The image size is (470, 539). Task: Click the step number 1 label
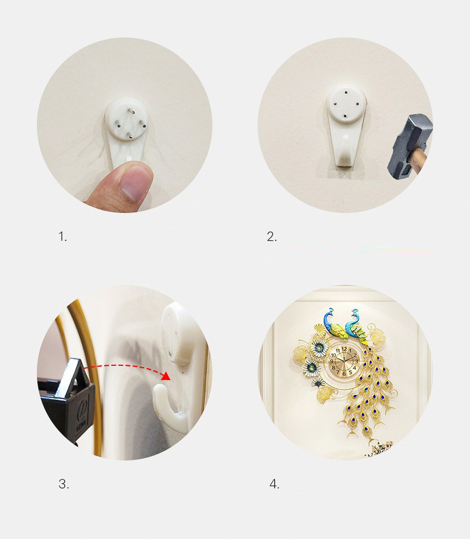[x=62, y=237]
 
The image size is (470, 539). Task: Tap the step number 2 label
[x=272, y=237]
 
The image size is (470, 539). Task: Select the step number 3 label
[x=64, y=484]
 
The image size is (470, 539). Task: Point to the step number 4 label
[x=274, y=484]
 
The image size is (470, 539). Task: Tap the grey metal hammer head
[x=409, y=147]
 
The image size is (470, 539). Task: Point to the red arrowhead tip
[x=170, y=379]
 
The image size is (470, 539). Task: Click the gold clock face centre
[x=344, y=361]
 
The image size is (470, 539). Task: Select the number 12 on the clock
[x=344, y=349]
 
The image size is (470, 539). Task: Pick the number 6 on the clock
[x=344, y=374]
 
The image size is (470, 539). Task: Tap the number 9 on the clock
[x=332, y=361]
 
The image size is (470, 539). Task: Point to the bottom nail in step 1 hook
[x=130, y=135]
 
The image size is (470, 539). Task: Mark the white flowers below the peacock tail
[x=381, y=448]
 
